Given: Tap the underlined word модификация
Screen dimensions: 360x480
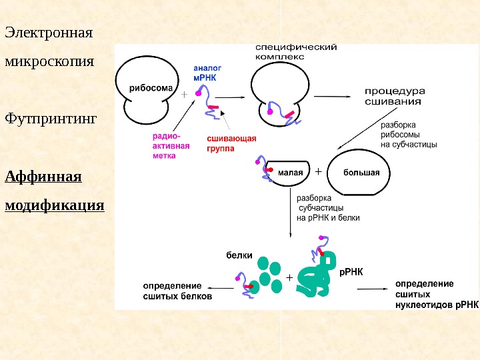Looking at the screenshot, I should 55,204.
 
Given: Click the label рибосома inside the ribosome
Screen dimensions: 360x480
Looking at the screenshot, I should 151,87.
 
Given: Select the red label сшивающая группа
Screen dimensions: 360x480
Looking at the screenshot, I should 231,143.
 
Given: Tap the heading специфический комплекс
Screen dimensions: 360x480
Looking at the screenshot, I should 295,52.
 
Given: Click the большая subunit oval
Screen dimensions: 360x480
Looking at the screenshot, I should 361,173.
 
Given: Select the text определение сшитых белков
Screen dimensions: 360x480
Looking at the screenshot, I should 177,291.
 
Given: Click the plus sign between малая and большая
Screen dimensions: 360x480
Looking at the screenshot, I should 317,171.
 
